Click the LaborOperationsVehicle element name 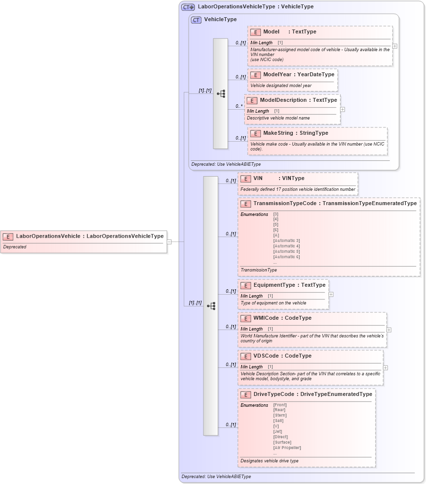pyautogui.click(x=48, y=236)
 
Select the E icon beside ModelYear pyautogui.click(x=255, y=75)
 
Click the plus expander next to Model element pyautogui.click(x=395, y=46)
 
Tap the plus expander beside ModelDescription pyautogui.click(x=342, y=109)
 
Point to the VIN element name pyautogui.click(x=258, y=178)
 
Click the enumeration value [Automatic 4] pyautogui.click(x=286, y=246)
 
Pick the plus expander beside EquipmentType pyautogui.click(x=331, y=294)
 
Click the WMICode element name pyautogui.click(x=267, y=318)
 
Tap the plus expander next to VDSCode pyautogui.click(x=385, y=367)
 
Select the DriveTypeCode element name pyautogui.click(x=274, y=394)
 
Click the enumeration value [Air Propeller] pyautogui.click(x=287, y=448)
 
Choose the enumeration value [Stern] pyautogui.click(x=280, y=415)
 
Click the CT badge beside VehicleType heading pyautogui.click(x=196, y=20)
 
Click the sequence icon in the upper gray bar pyautogui.click(x=221, y=93)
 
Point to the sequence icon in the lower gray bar pyautogui.click(x=211, y=306)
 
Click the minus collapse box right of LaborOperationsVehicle pyautogui.click(x=169, y=242)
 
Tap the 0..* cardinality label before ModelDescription pyautogui.click(x=239, y=106)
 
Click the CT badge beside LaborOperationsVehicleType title pyautogui.click(x=188, y=7)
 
